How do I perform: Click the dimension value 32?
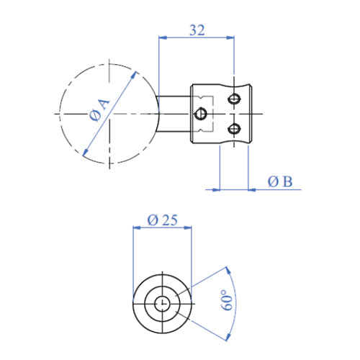pos(197,30)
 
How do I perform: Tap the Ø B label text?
pos(279,182)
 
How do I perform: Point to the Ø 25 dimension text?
pos(162,220)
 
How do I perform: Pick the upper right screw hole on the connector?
pos(233,99)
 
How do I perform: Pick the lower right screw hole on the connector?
pos(233,129)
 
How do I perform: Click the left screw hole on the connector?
pos(202,113)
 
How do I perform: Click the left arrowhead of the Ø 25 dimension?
pos(138,228)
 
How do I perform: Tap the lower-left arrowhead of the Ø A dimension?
pos(85,153)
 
